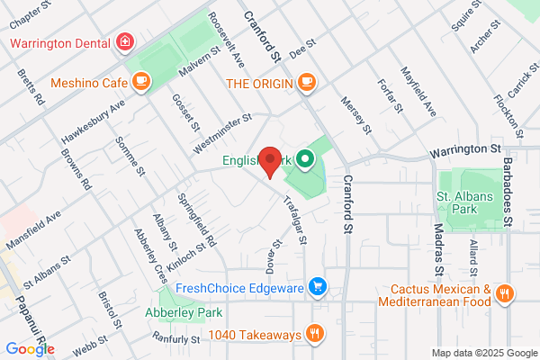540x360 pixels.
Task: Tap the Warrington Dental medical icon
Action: click(x=123, y=42)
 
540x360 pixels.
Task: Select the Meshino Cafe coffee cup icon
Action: click(x=139, y=83)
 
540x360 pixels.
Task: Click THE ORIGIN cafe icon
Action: click(x=307, y=83)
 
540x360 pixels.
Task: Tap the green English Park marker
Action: click(x=305, y=162)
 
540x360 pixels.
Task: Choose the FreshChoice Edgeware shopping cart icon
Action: click(x=317, y=288)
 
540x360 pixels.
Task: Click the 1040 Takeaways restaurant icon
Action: click(x=314, y=335)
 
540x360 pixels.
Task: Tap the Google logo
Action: click(x=30, y=348)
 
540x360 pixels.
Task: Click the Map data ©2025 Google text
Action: click(x=481, y=352)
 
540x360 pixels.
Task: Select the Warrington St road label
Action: click(x=464, y=148)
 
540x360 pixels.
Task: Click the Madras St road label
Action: click(x=439, y=249)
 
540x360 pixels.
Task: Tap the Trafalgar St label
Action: click(x=297, y=220)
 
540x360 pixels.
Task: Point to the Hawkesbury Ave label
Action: click(x=93, y=122)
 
